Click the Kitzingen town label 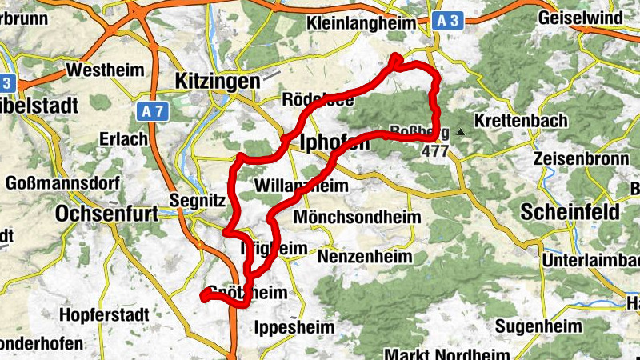(x=217, y=81)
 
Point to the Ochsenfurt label (x=106, y=214)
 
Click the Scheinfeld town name (x=570, y=212)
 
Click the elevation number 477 (x=435, y=150)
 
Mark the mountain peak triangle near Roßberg (x=461, y=130)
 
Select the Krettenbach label (x=520, y=121)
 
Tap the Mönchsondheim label (x=345, y=218)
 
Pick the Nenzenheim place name (x=365, y=257)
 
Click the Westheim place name (x=98, y=70)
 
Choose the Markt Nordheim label (x=447, y=354)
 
